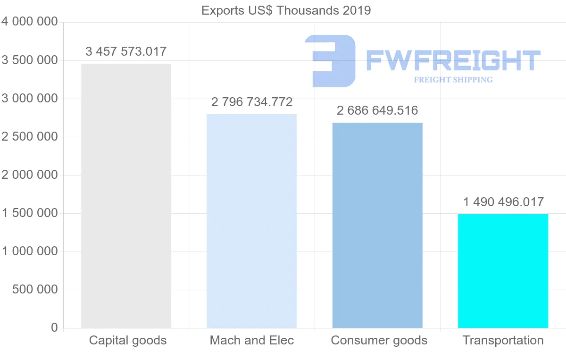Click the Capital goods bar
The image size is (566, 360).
(126, 196)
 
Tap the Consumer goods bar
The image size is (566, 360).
(377, 225)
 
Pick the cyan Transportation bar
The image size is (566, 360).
(503, 271)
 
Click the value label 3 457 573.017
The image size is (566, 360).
(126, 51)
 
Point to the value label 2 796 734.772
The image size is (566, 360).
(252, 102)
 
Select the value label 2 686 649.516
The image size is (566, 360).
(377, 110)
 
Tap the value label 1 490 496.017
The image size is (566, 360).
(503, 202)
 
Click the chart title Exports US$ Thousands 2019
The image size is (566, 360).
(286, 10)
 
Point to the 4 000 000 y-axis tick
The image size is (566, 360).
(30, 22)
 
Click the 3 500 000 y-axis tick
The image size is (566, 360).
(30, 60)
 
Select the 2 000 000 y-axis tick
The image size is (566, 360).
(30, 175)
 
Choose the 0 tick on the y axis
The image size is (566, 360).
(54, 328)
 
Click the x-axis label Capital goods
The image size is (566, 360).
(128, 340)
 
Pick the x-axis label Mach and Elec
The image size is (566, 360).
(252, 340)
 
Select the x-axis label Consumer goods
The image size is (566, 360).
(379, 340)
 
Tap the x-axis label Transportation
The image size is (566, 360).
(503, 340)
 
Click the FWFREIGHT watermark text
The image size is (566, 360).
(453, 61)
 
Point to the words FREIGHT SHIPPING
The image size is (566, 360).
(453, 80)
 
